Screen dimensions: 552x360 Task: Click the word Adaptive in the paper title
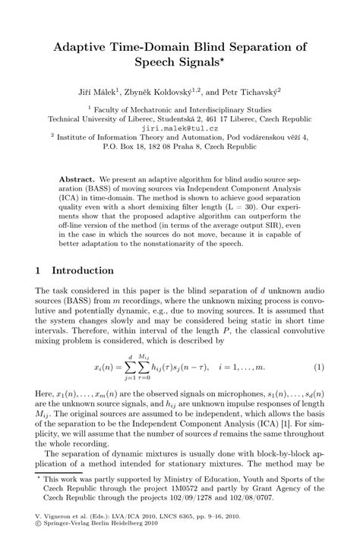[84, 46]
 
